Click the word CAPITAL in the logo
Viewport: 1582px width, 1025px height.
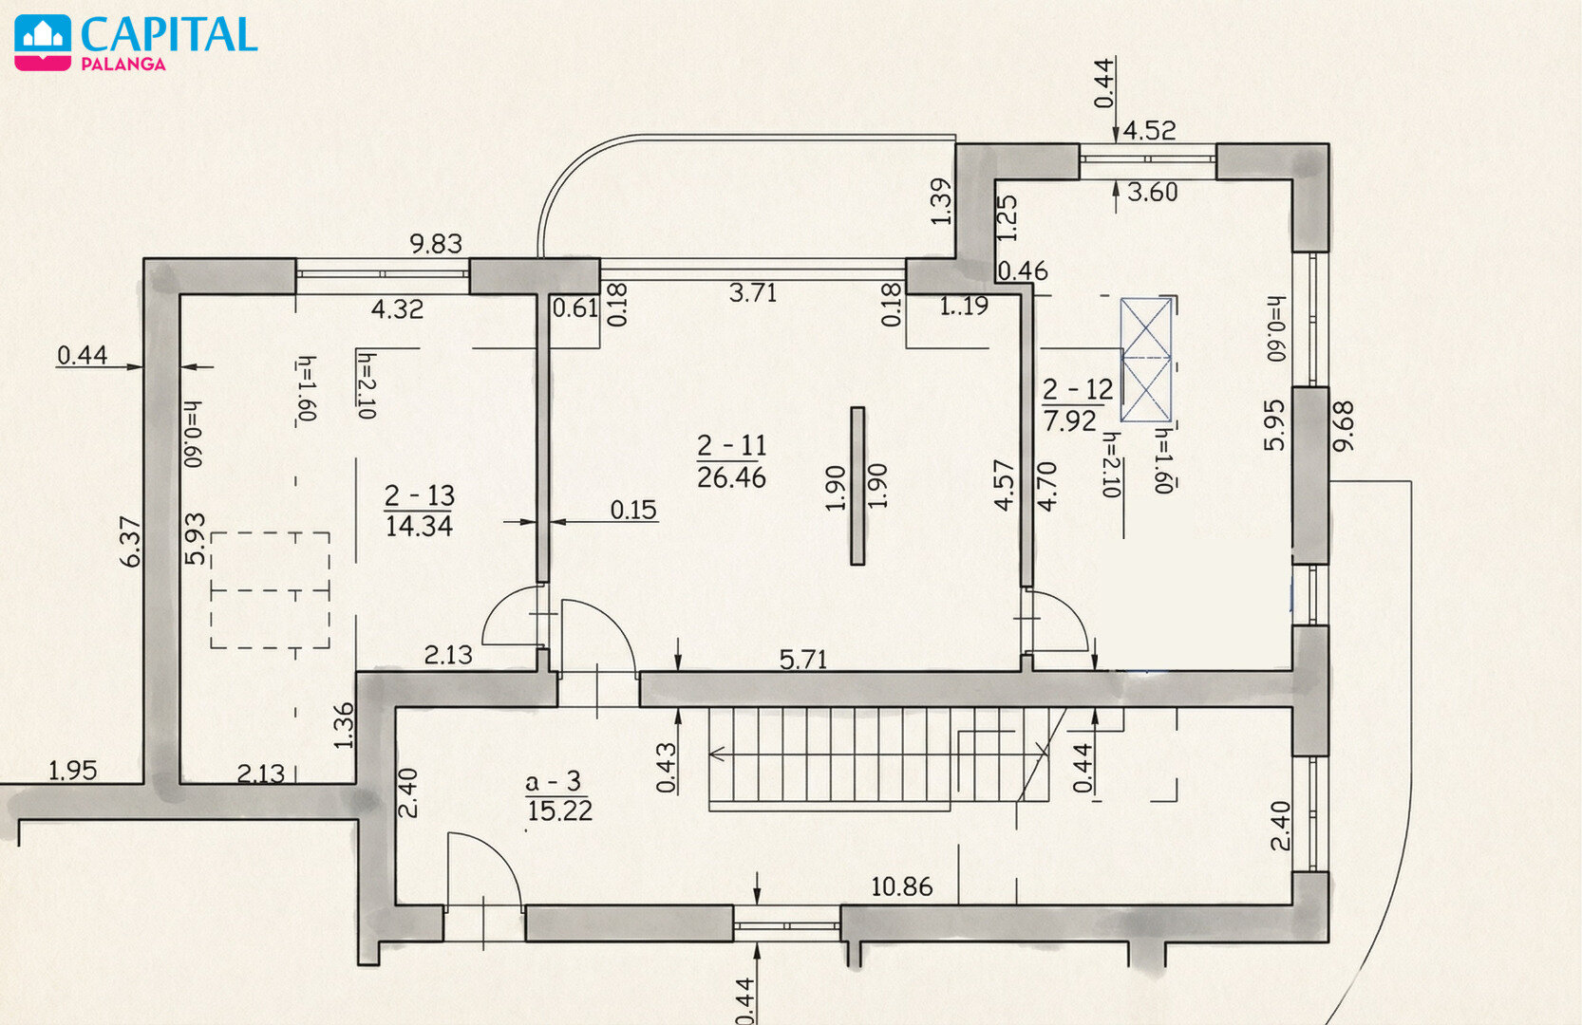coord(169,34)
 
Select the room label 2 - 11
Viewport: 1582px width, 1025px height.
coord(732,445)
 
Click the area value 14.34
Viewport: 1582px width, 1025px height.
coord(419,526)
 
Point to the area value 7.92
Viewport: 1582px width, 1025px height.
coord(1070,420)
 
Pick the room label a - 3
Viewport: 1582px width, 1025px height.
coord(553,781)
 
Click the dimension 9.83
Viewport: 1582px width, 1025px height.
coord(436,244)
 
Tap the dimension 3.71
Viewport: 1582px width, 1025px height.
coord(753,293)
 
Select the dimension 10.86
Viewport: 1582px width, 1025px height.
coord(901,886)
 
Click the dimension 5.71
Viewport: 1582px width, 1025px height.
coord(803,660)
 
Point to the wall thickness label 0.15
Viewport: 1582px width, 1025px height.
coord(633,510)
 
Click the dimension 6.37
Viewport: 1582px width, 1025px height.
coord(131,542)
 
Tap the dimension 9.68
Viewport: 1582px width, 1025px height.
coord(1343,426)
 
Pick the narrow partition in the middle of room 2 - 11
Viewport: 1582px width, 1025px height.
coord(857,486)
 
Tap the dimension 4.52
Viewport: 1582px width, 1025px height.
coord(1149,131)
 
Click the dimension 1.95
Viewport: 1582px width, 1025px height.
coord(72,770)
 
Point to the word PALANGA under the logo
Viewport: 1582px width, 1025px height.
coord(123,65)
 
